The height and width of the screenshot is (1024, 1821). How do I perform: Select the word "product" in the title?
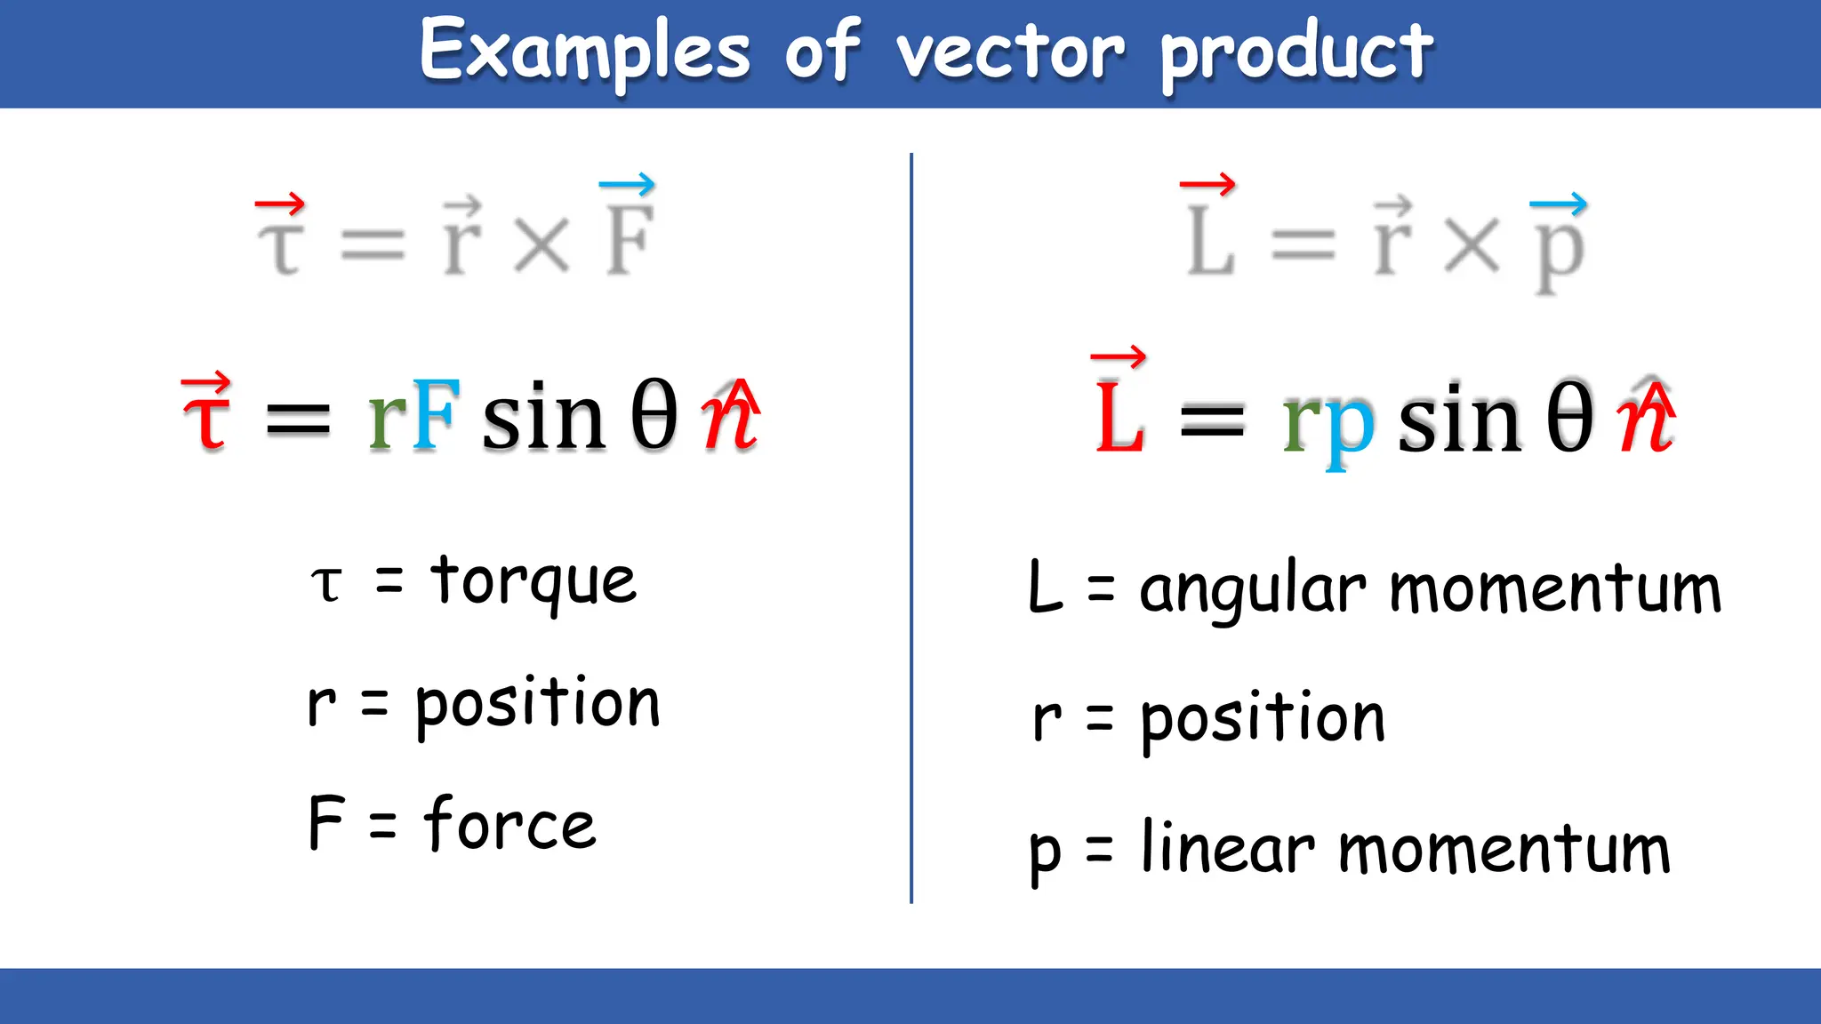pyautogui.click(x=1296, y=53)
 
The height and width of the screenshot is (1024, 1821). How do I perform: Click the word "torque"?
pyautogui.click(x=533, y=581)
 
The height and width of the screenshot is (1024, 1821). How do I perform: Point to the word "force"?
pyautogui.click(x=509, y=824)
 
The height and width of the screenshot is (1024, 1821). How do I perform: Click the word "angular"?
pyautogui.click(x=1253, y=590)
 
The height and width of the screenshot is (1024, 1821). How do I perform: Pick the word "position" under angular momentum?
pyautogui.click(x=1263, y=718)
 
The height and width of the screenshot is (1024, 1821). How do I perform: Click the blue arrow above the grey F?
pyautogui.click(x=627, y=185)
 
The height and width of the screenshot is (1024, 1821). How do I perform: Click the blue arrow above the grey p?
pyautogui.click(x=1558, y=204)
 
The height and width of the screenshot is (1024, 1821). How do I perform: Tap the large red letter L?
pyautogui.click(x=1119, y=418)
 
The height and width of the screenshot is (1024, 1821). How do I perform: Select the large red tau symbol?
pyautogui.click(x=206, y=418)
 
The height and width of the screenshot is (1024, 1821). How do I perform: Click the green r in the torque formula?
pyautogui.click(x=388, y=418)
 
